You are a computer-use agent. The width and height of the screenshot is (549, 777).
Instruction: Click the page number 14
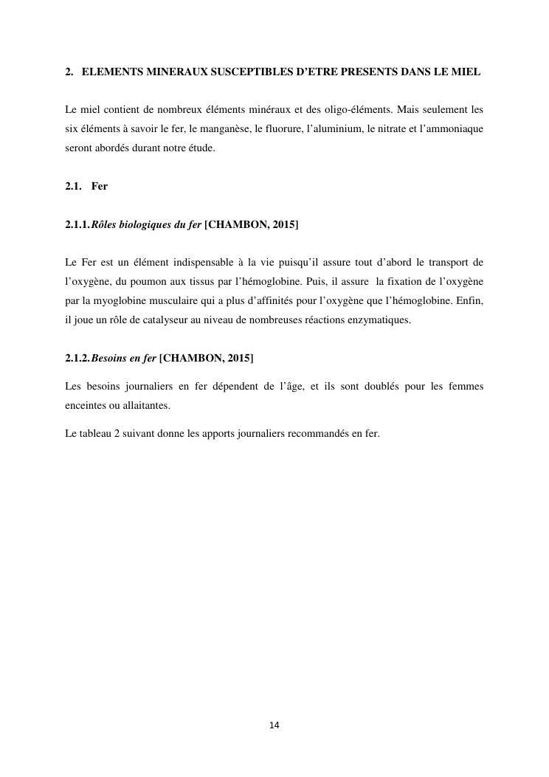[274, 725]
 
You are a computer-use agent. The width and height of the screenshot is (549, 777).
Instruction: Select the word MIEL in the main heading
[466, 72]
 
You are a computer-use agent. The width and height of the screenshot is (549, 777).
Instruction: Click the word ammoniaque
[455, 128]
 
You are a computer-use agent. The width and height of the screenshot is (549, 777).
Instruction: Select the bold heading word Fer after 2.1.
[100, 186]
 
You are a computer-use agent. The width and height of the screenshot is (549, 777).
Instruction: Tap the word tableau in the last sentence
[95, 433]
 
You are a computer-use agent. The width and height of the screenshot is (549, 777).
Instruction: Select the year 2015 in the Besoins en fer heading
[239, 359]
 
